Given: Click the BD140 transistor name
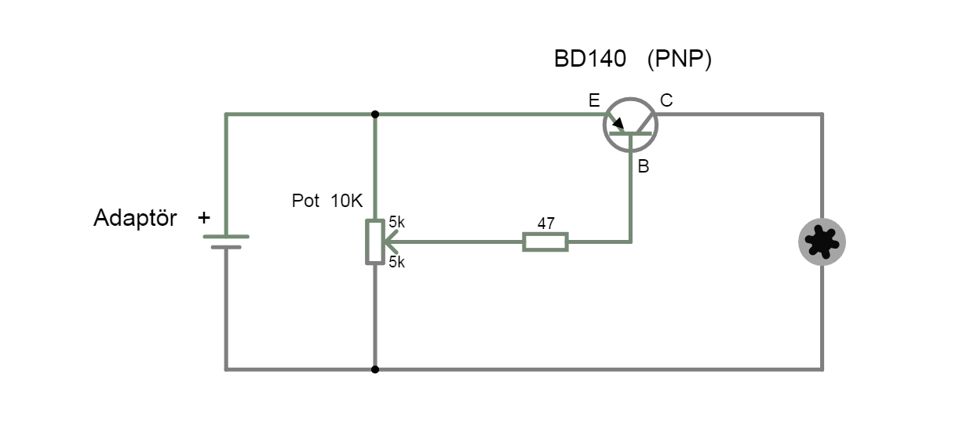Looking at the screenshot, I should tap(589, 60).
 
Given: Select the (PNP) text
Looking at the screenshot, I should tap(679, 60).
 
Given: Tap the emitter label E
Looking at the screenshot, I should tap(594, 100).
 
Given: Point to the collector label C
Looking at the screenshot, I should tap(666, 100).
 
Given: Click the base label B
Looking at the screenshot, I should tap(643, 166).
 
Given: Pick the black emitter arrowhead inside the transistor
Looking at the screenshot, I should tap(618, 123).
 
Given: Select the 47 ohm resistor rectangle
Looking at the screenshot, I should tap(545, 242).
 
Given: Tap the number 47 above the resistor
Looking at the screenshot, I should tap(545, 223).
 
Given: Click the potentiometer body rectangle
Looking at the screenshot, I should tap(374, 242).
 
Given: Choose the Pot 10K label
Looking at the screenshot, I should tap(327, 201).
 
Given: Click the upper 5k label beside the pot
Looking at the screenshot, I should tap(396, 223).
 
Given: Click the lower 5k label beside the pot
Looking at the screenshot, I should tap(396, 262).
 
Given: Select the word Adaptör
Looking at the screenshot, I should tap(135, 218).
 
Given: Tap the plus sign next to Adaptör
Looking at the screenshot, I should tap(204, 217).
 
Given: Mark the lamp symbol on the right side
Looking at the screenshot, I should tap(822, 242).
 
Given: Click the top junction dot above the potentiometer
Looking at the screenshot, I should tap(375, 114).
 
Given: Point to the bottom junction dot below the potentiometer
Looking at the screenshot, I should tap(375, 369).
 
